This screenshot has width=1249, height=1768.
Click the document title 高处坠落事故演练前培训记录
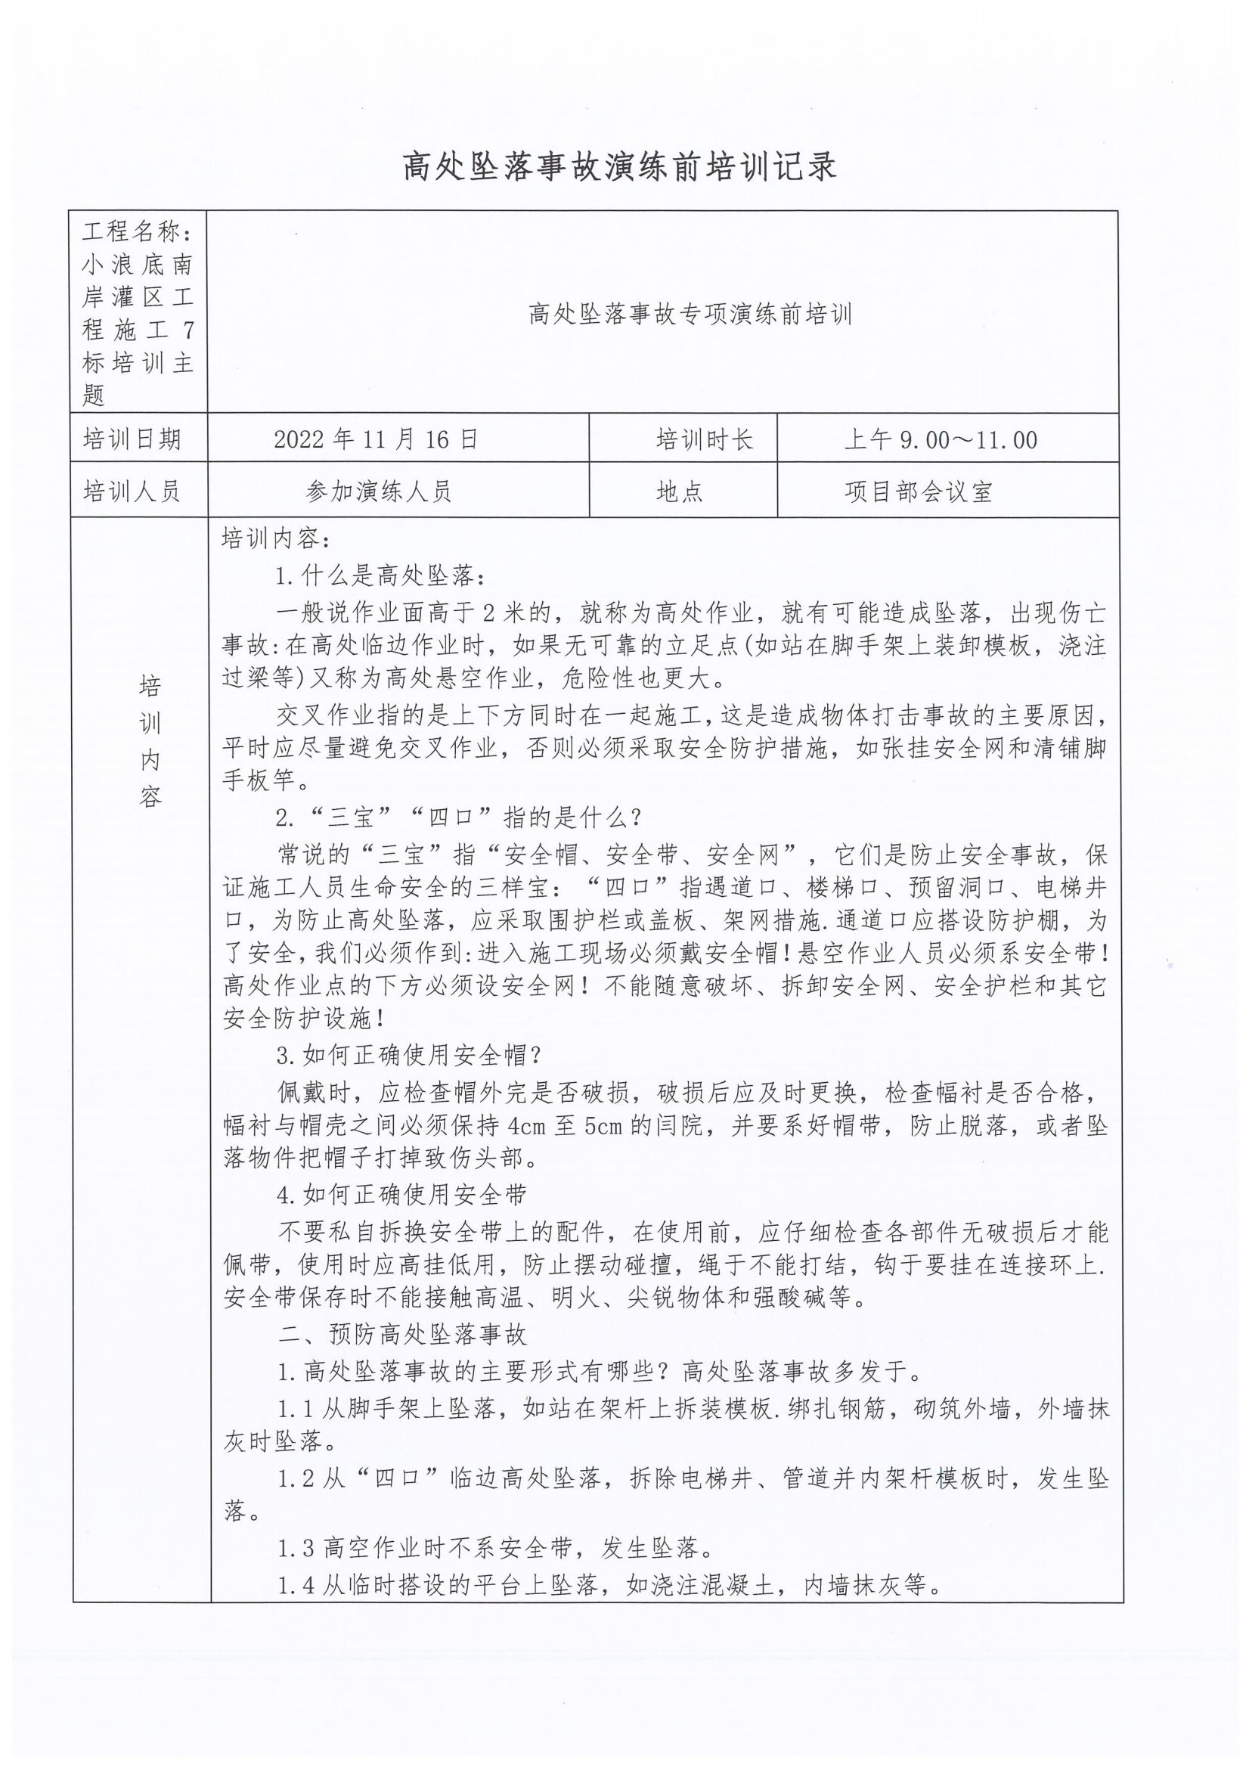click(x=620, y=167)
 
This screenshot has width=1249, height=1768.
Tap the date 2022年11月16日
click(x=376, y=439)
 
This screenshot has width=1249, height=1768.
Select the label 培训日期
click(x=132, y=439)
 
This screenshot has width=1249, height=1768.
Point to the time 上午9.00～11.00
click(x=941, y=439)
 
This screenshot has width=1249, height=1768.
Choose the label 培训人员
click(x=132, y=491)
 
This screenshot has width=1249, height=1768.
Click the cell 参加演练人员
click(x=378, y=491)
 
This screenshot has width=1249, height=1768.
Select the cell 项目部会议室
click(x=918, y=491)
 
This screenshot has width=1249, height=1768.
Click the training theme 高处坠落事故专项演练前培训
click(x=690, y=314)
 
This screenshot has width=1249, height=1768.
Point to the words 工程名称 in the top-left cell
click(x=132, y=231)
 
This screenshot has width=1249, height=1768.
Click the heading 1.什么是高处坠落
click(x=382, y=575)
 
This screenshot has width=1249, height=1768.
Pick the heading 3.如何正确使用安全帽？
click(x=410, y=1055)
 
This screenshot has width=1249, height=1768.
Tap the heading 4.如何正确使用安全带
click(x=402, y=1194)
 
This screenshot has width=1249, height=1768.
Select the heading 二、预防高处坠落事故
click(x=403, y=1334)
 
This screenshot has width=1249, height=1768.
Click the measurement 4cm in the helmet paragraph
click(x=526, y=1127)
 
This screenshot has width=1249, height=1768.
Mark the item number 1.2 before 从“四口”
click(x=296, y=1478)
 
